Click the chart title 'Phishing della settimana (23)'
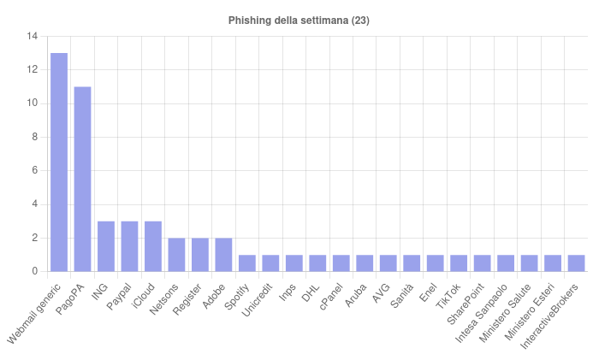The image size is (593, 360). point(299,20)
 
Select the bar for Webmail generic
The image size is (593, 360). point(59,162)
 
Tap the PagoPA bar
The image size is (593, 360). point(82,179)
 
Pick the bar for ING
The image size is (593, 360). point(106,246)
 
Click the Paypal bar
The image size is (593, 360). point(129,246)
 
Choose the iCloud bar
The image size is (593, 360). point(153,246)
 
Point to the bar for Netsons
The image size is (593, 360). point(176,255)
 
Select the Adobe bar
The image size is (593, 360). point(223,255)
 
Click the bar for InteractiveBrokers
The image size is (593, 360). point(576,263)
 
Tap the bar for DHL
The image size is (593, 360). point(317,263)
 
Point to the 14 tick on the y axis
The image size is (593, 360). point(32,37)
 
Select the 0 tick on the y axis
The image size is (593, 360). point(34,271)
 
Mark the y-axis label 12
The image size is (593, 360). point(32,70)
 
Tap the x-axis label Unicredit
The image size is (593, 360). point(258,298)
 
